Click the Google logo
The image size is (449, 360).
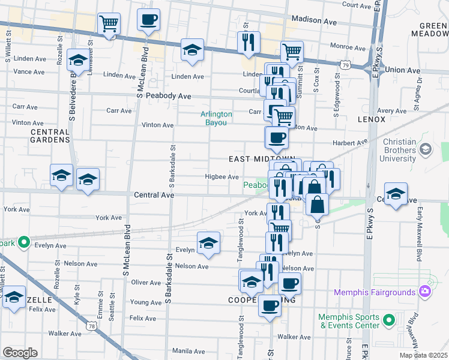[x=20, y=352]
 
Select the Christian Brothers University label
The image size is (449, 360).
[x=391, y=150]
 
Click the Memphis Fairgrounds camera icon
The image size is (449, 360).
[x=425, y=292]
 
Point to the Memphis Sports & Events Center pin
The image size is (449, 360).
[x=388, y=320]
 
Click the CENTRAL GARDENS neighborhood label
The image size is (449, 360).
[x=50, y=136]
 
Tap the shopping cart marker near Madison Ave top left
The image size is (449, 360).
[x=109, y=24]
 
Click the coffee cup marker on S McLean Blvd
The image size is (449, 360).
[x=148, y=20]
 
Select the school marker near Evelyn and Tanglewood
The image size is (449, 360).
[x=208, y=242]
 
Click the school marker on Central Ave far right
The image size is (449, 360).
[x=396, y=194]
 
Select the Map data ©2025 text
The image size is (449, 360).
[x=424, y=355]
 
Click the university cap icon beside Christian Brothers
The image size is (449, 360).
[x=426, y=149]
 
